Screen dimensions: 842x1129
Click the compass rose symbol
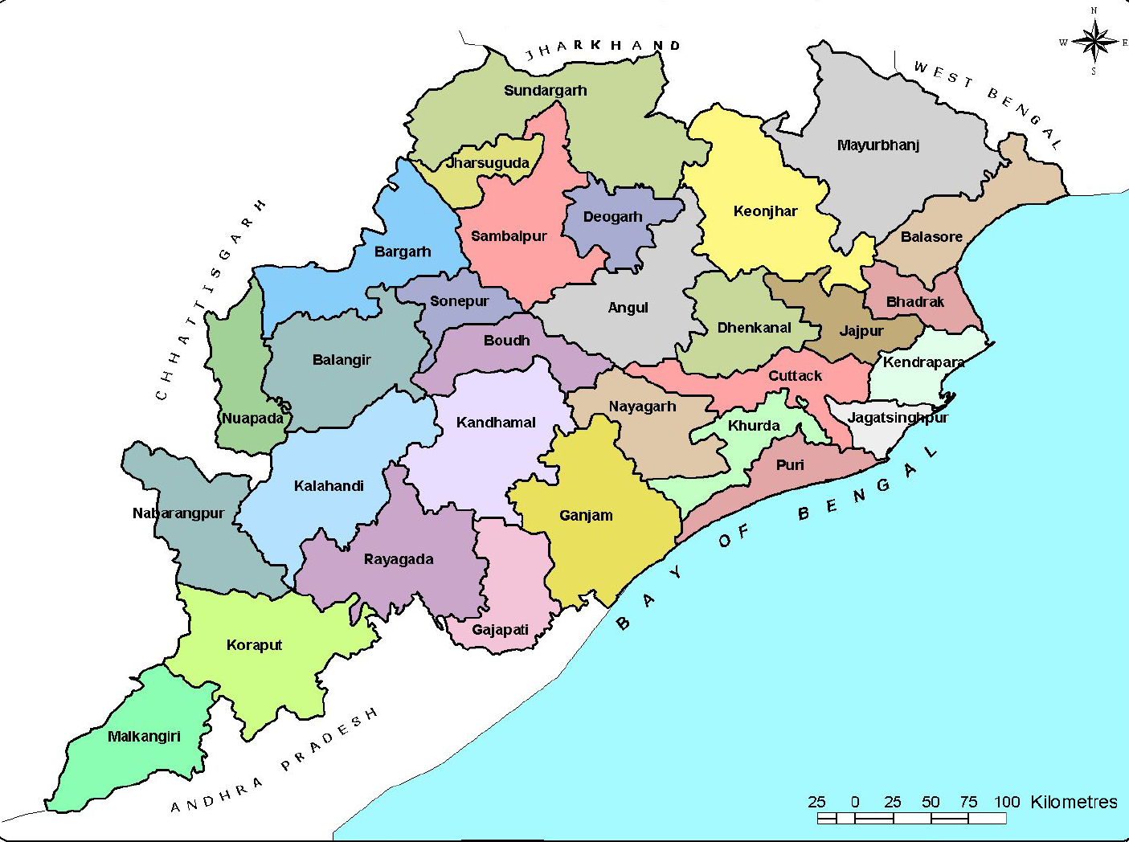[1094, 41]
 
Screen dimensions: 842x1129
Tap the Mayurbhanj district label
[877, 145]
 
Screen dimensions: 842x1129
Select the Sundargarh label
[545, 91]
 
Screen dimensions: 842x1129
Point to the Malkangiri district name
[144, 737]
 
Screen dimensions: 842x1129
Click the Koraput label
[254, 645]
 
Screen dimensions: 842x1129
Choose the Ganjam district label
[586, 516]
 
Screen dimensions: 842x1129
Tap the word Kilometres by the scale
[1073, 802]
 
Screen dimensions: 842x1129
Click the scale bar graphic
[911, 818]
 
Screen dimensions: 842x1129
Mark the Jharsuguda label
[488, 163]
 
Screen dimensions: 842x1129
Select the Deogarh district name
[612, 217]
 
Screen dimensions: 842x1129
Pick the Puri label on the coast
[790, 465]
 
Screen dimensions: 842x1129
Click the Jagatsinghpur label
[898, 418]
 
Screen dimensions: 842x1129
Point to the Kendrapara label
[923, 362]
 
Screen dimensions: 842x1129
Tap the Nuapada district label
[252, 419]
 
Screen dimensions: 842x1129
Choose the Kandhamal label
[496, 423]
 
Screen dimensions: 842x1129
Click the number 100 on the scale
[1006, 802]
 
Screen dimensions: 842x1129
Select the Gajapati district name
[500, 630]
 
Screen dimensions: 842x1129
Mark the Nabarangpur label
[178, 513]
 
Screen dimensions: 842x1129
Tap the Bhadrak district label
[914, 302]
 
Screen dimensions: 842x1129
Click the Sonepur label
[459, 301]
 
